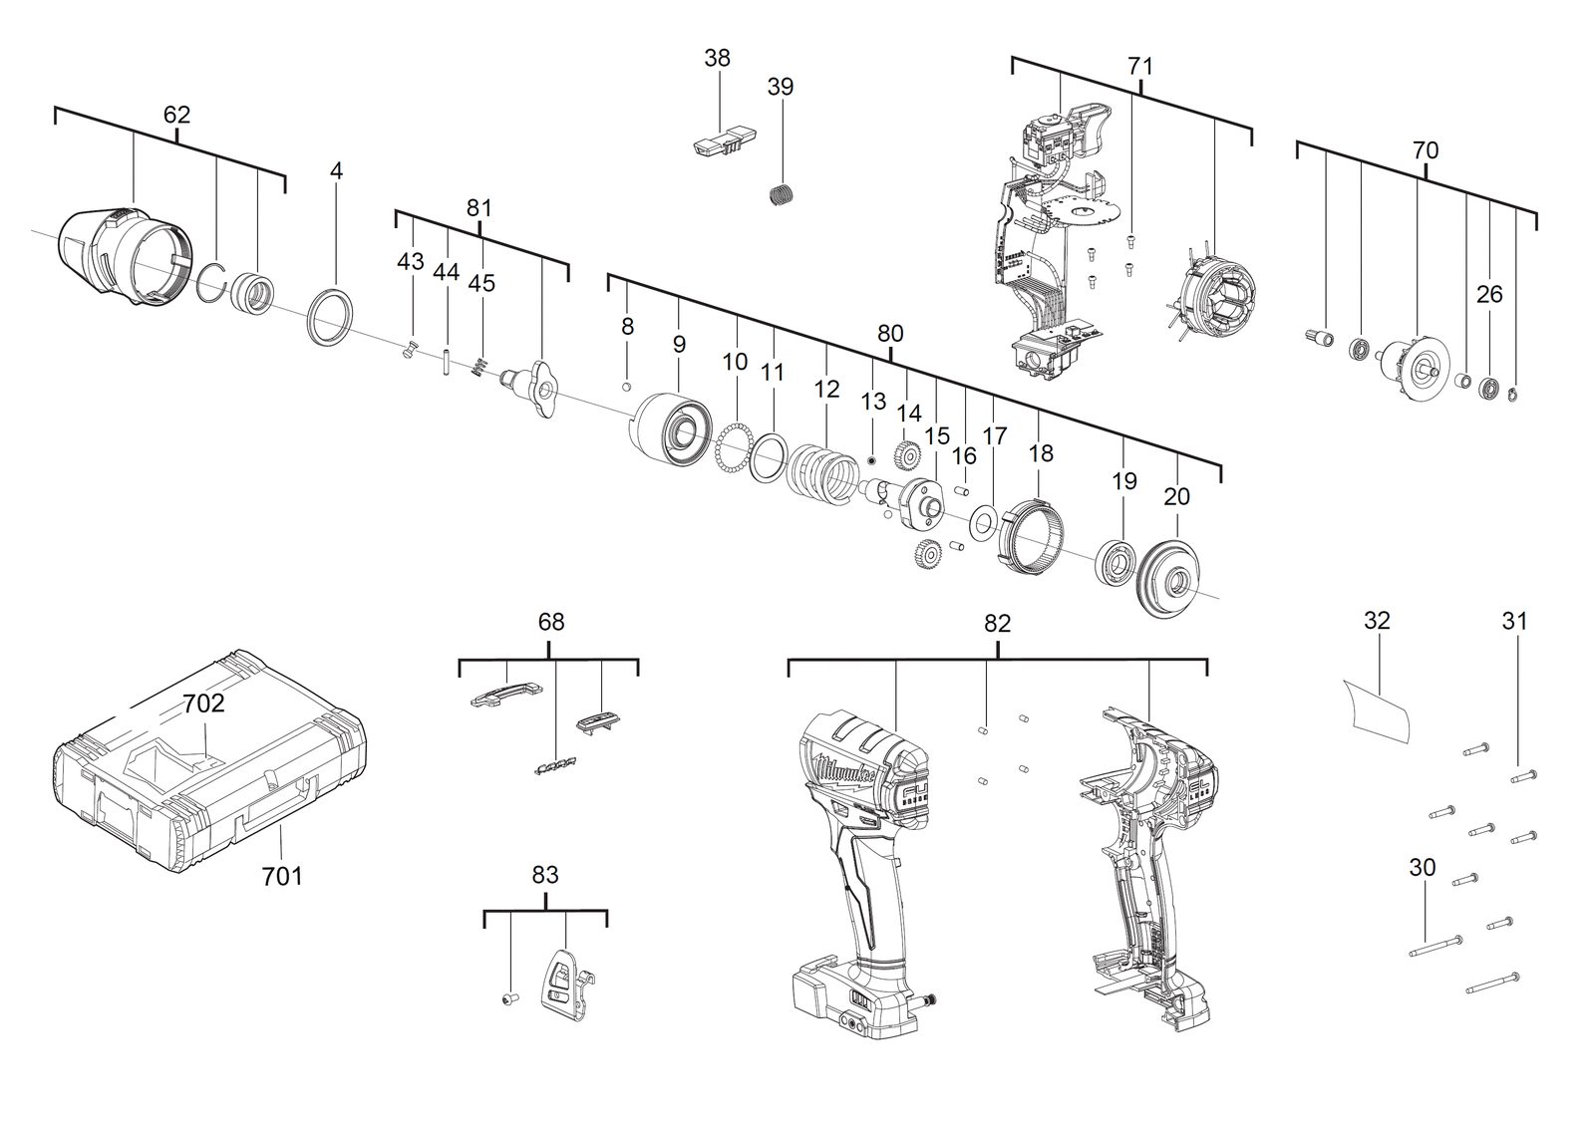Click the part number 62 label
[x=176, y=115]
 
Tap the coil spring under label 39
[x=783, y=193]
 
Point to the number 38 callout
[x=717, y=58]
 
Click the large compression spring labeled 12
[x=823, y=483]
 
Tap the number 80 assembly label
[x=890, y=333]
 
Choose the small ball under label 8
[x=626, y=387]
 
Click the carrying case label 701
[x=282, y=877]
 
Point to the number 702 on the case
[x=203, y=704]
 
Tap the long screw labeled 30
[x=1435, y=947]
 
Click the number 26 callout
[x=1489, y=294]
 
